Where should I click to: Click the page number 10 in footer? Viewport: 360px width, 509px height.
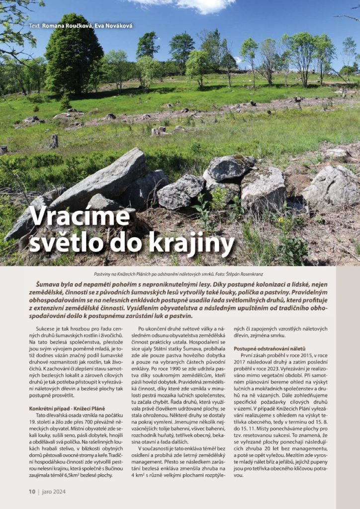tap(31, 492)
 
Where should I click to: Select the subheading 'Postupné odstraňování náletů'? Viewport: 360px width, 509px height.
tap(276, 348)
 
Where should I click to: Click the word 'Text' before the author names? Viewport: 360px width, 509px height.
tap(34, 25)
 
